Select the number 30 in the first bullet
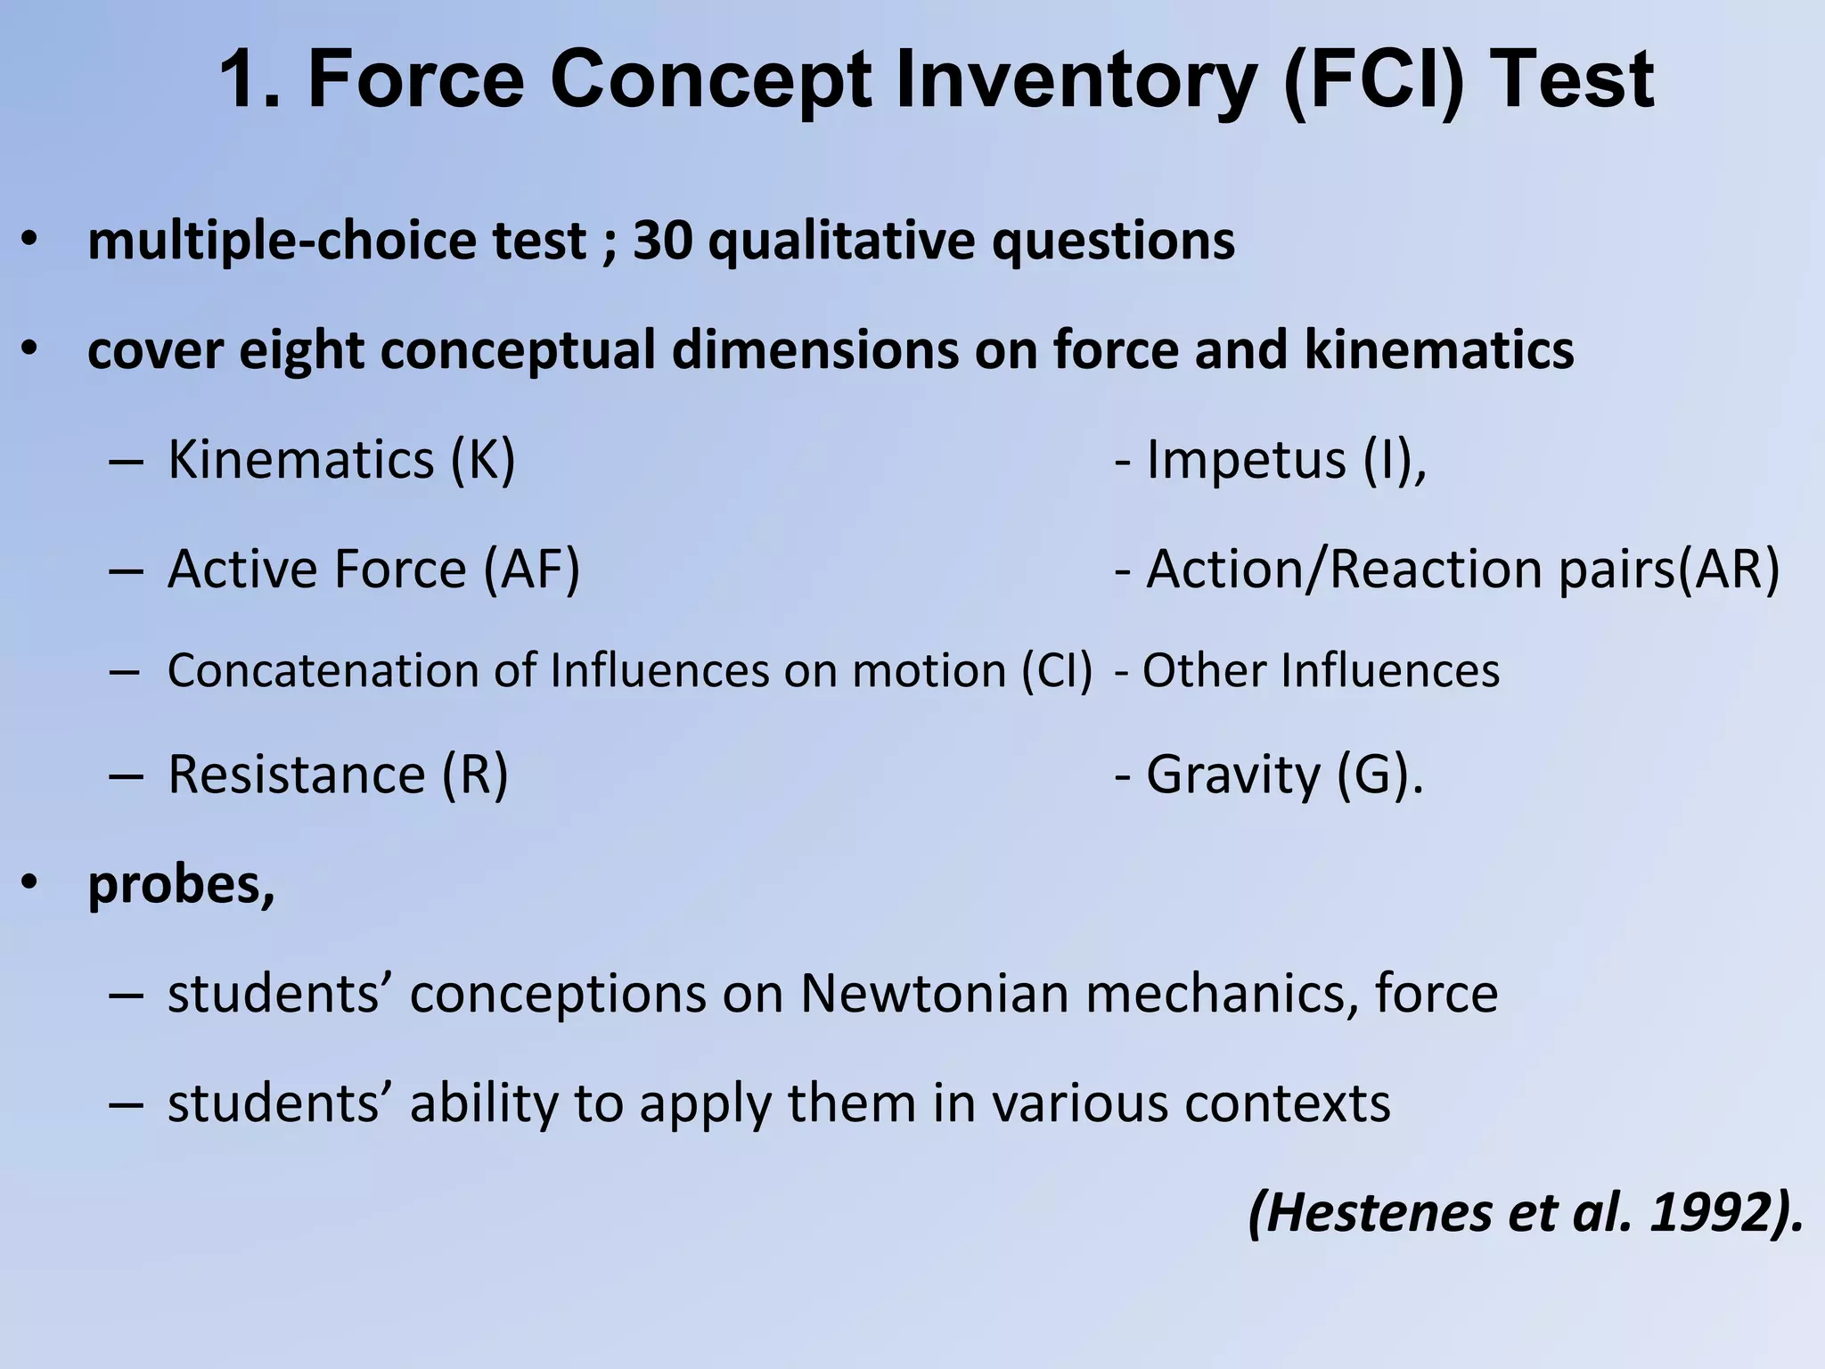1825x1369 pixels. (662, 241)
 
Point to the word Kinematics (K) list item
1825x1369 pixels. (341, 460)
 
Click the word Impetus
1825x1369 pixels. (1245, 460)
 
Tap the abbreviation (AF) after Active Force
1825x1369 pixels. (532, 569)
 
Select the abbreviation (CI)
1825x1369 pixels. (1057, 670)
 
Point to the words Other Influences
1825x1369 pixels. (1321, 670)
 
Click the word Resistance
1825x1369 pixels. (297, 774)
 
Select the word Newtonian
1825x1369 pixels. (934, 993)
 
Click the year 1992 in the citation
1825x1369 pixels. (1709, 1213)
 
